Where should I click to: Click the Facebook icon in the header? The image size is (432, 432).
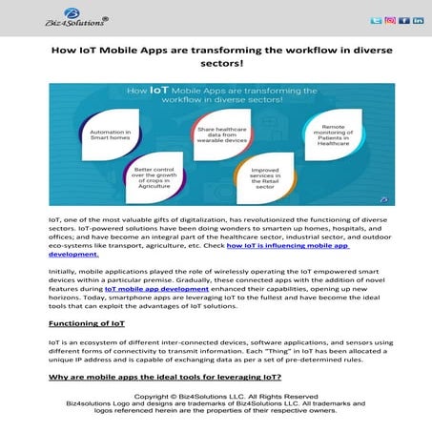[403, 20]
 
